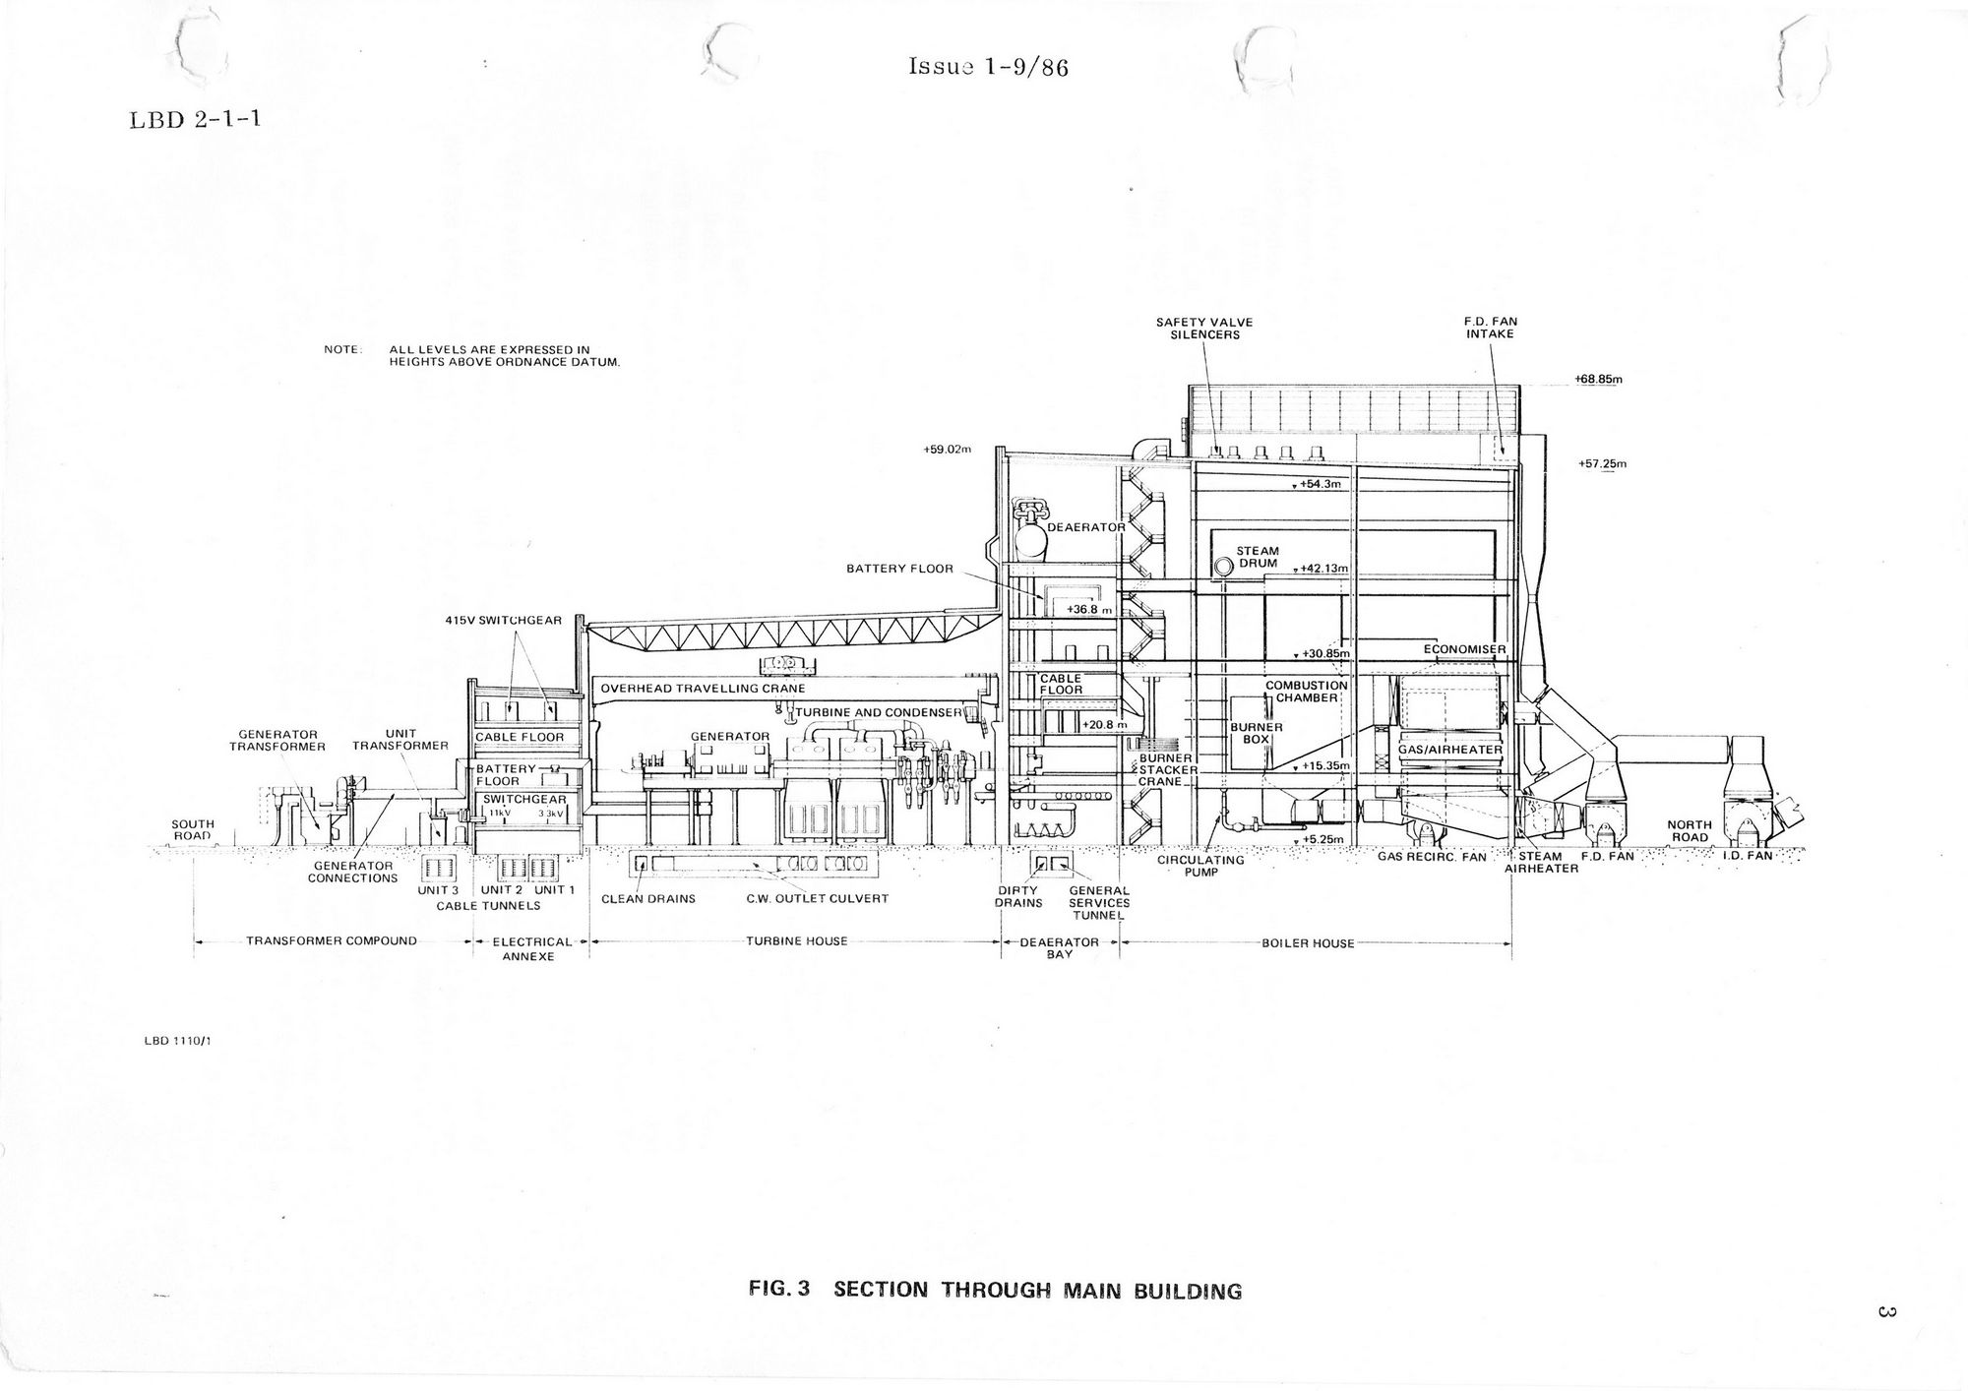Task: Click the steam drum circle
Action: tap(1223, 567)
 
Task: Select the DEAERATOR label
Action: tap(1085, 527)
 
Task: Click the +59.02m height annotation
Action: tap(948, 450)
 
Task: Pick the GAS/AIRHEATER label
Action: tap(1450, 750)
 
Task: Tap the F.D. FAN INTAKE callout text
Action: tap(1490, 328)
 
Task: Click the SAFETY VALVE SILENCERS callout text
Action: tap(1204, 328)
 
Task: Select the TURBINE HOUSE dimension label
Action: tap(796, 941)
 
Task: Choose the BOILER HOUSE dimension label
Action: tap(1308, 943)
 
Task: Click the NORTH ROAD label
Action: tap(1689, 831)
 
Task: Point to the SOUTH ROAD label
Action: tap(193, 830)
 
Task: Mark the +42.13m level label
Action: tap(1322, 569)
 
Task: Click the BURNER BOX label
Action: tap(1256, 732)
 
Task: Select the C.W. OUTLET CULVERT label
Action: tap(817, 898)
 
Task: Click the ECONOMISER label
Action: tap(1464, 649)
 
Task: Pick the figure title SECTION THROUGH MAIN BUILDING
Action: tap(1037, 1290)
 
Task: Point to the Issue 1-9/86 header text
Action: tap(987, 68)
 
